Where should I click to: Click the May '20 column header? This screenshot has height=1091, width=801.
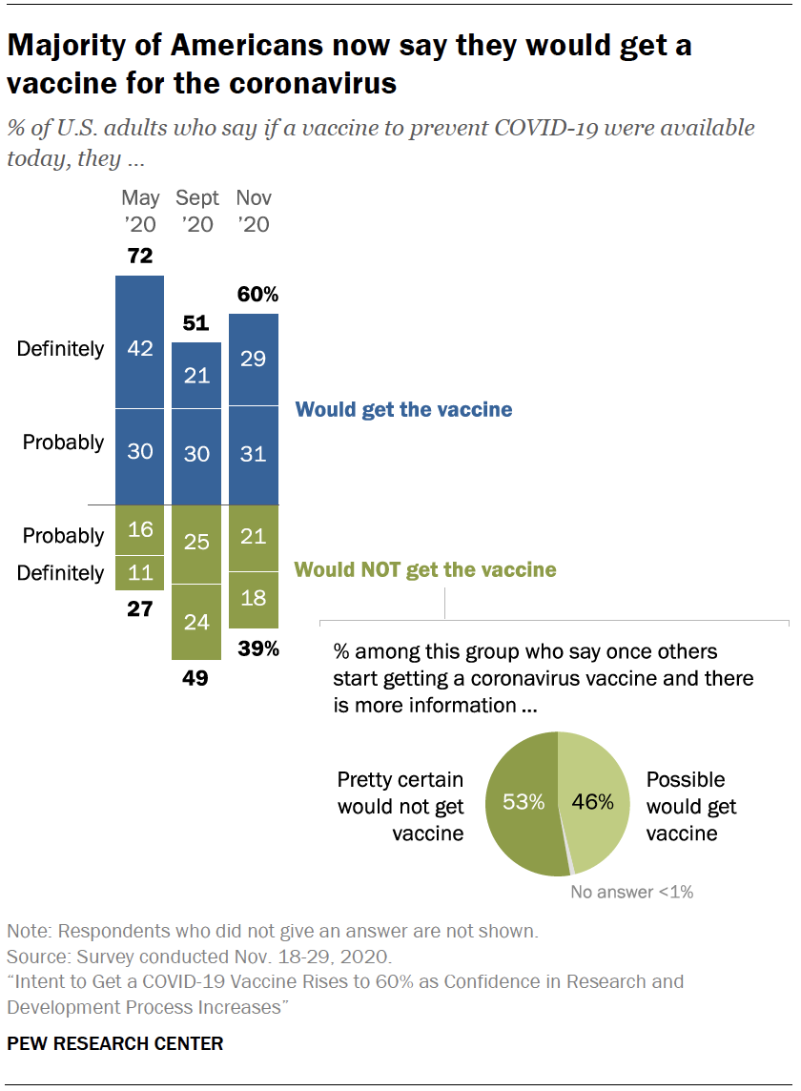140,211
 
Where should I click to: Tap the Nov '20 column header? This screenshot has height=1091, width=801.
254,211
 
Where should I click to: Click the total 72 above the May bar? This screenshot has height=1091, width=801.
140,257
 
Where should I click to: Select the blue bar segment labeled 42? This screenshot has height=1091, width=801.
140,342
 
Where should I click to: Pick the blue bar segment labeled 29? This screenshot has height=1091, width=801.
254,360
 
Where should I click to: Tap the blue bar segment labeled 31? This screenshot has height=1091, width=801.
254,455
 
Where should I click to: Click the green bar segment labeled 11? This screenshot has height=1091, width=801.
140,573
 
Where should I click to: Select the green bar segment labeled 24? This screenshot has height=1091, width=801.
196,622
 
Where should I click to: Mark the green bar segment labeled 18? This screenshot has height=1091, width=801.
254,600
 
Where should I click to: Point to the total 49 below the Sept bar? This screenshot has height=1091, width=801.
196,679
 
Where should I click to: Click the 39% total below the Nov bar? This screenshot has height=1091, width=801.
258,648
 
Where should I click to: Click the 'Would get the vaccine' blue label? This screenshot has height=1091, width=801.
403,410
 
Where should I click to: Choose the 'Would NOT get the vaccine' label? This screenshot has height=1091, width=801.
425,570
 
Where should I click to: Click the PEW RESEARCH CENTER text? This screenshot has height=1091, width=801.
114,1043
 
